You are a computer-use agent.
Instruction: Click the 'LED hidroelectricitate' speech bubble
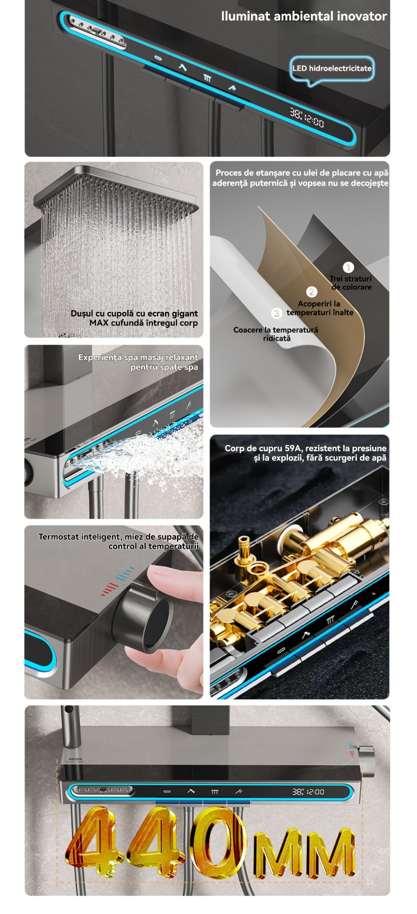tap(332, 69)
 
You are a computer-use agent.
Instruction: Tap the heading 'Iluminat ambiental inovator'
tap(304, 17)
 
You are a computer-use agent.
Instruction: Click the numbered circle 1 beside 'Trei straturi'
tap(348, 267)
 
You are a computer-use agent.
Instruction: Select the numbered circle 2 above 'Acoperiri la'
tap(312, 292)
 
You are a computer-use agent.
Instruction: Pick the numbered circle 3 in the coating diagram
tap(276, 314)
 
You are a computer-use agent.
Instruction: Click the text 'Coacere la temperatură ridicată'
tap(276, 334)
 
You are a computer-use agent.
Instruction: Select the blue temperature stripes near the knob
tap(125, 574)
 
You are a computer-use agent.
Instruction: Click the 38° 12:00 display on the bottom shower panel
tap(308, 792)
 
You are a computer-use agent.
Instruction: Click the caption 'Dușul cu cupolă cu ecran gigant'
tap(134, 314)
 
